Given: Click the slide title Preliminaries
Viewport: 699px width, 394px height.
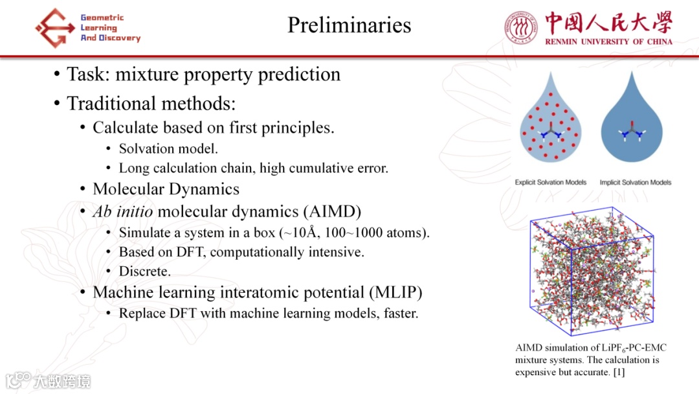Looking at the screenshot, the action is pyautogui.click(x=349, y=25).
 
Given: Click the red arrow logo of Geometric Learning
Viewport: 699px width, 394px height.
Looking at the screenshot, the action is pyautogui.click(x=55, y=28).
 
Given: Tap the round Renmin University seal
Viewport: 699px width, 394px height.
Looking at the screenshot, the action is pyautogui.click(x=520, y=28).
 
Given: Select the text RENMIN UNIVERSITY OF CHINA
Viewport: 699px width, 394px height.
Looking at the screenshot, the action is pyautogui.click(x=608, y=41).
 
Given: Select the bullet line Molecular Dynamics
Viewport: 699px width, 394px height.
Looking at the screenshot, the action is pyautogui.click(x=166, y=189).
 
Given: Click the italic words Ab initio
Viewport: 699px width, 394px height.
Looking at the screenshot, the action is pyautogui.click(x=122, y=211).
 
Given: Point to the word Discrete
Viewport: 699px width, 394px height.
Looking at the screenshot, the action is pyautogui.click(x=144, y=272).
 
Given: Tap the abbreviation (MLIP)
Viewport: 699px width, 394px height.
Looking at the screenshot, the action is pyautogui.click(x=395, y=292).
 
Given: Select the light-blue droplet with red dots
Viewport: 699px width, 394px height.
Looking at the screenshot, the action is pyautogui.click(x=551, y=121).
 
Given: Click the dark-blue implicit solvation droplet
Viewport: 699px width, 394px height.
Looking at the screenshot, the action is pyautogui.click(x=632, y=122).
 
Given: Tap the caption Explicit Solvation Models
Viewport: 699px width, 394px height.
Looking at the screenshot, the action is pyautogui.click(x=551, y=182).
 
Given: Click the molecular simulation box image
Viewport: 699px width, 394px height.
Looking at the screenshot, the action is pyautogui.click(x=592, y=271).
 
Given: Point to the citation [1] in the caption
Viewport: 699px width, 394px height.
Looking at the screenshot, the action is pyautogui.click(x=619, y=372).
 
